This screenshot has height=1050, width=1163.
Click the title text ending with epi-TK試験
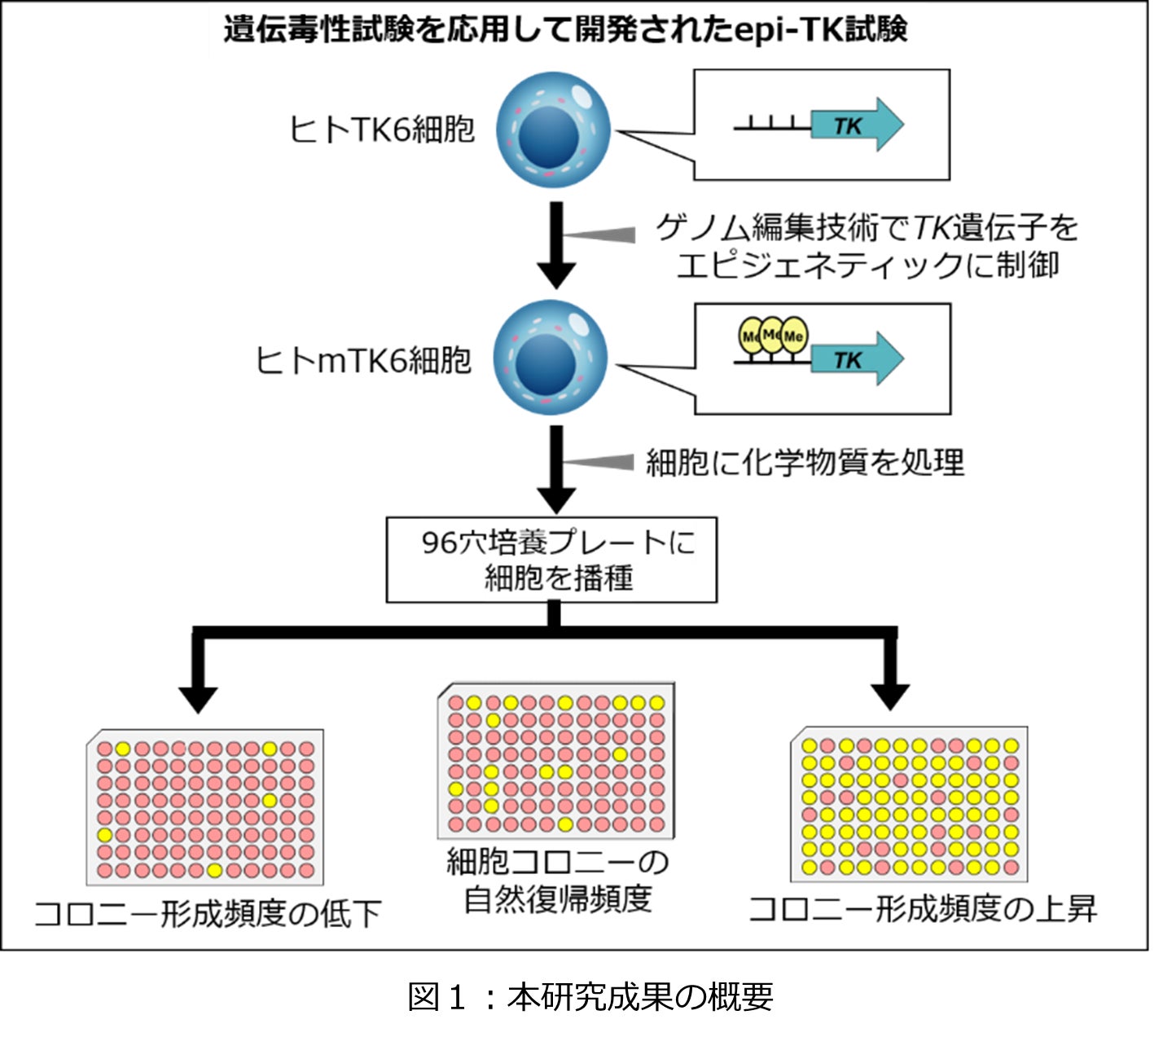(x=565, y=30)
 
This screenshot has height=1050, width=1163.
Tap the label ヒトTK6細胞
(x=381, y=129)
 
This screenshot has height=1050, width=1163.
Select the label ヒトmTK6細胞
(x=363, y=360)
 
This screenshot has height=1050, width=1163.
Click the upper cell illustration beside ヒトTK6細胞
(x=553, y=130)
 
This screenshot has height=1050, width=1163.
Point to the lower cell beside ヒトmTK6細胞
(x=551, y=358)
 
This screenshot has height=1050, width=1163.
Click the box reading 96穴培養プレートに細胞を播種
(x=551, y=560)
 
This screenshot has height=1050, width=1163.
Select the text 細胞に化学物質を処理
(x=805, y=463)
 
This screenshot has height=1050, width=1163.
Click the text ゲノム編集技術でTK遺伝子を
(x=867, y=227)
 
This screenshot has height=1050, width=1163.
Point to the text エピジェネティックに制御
(x=867, y=266)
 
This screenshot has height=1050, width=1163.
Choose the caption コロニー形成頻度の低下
(x=208, y=914)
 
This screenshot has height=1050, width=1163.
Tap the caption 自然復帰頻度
(x=558, y=898)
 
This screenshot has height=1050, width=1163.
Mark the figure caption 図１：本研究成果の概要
(x=590, y=996)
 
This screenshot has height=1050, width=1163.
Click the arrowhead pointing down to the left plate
(x=198, y=699)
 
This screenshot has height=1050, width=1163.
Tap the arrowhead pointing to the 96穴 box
(x=556, y=499)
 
